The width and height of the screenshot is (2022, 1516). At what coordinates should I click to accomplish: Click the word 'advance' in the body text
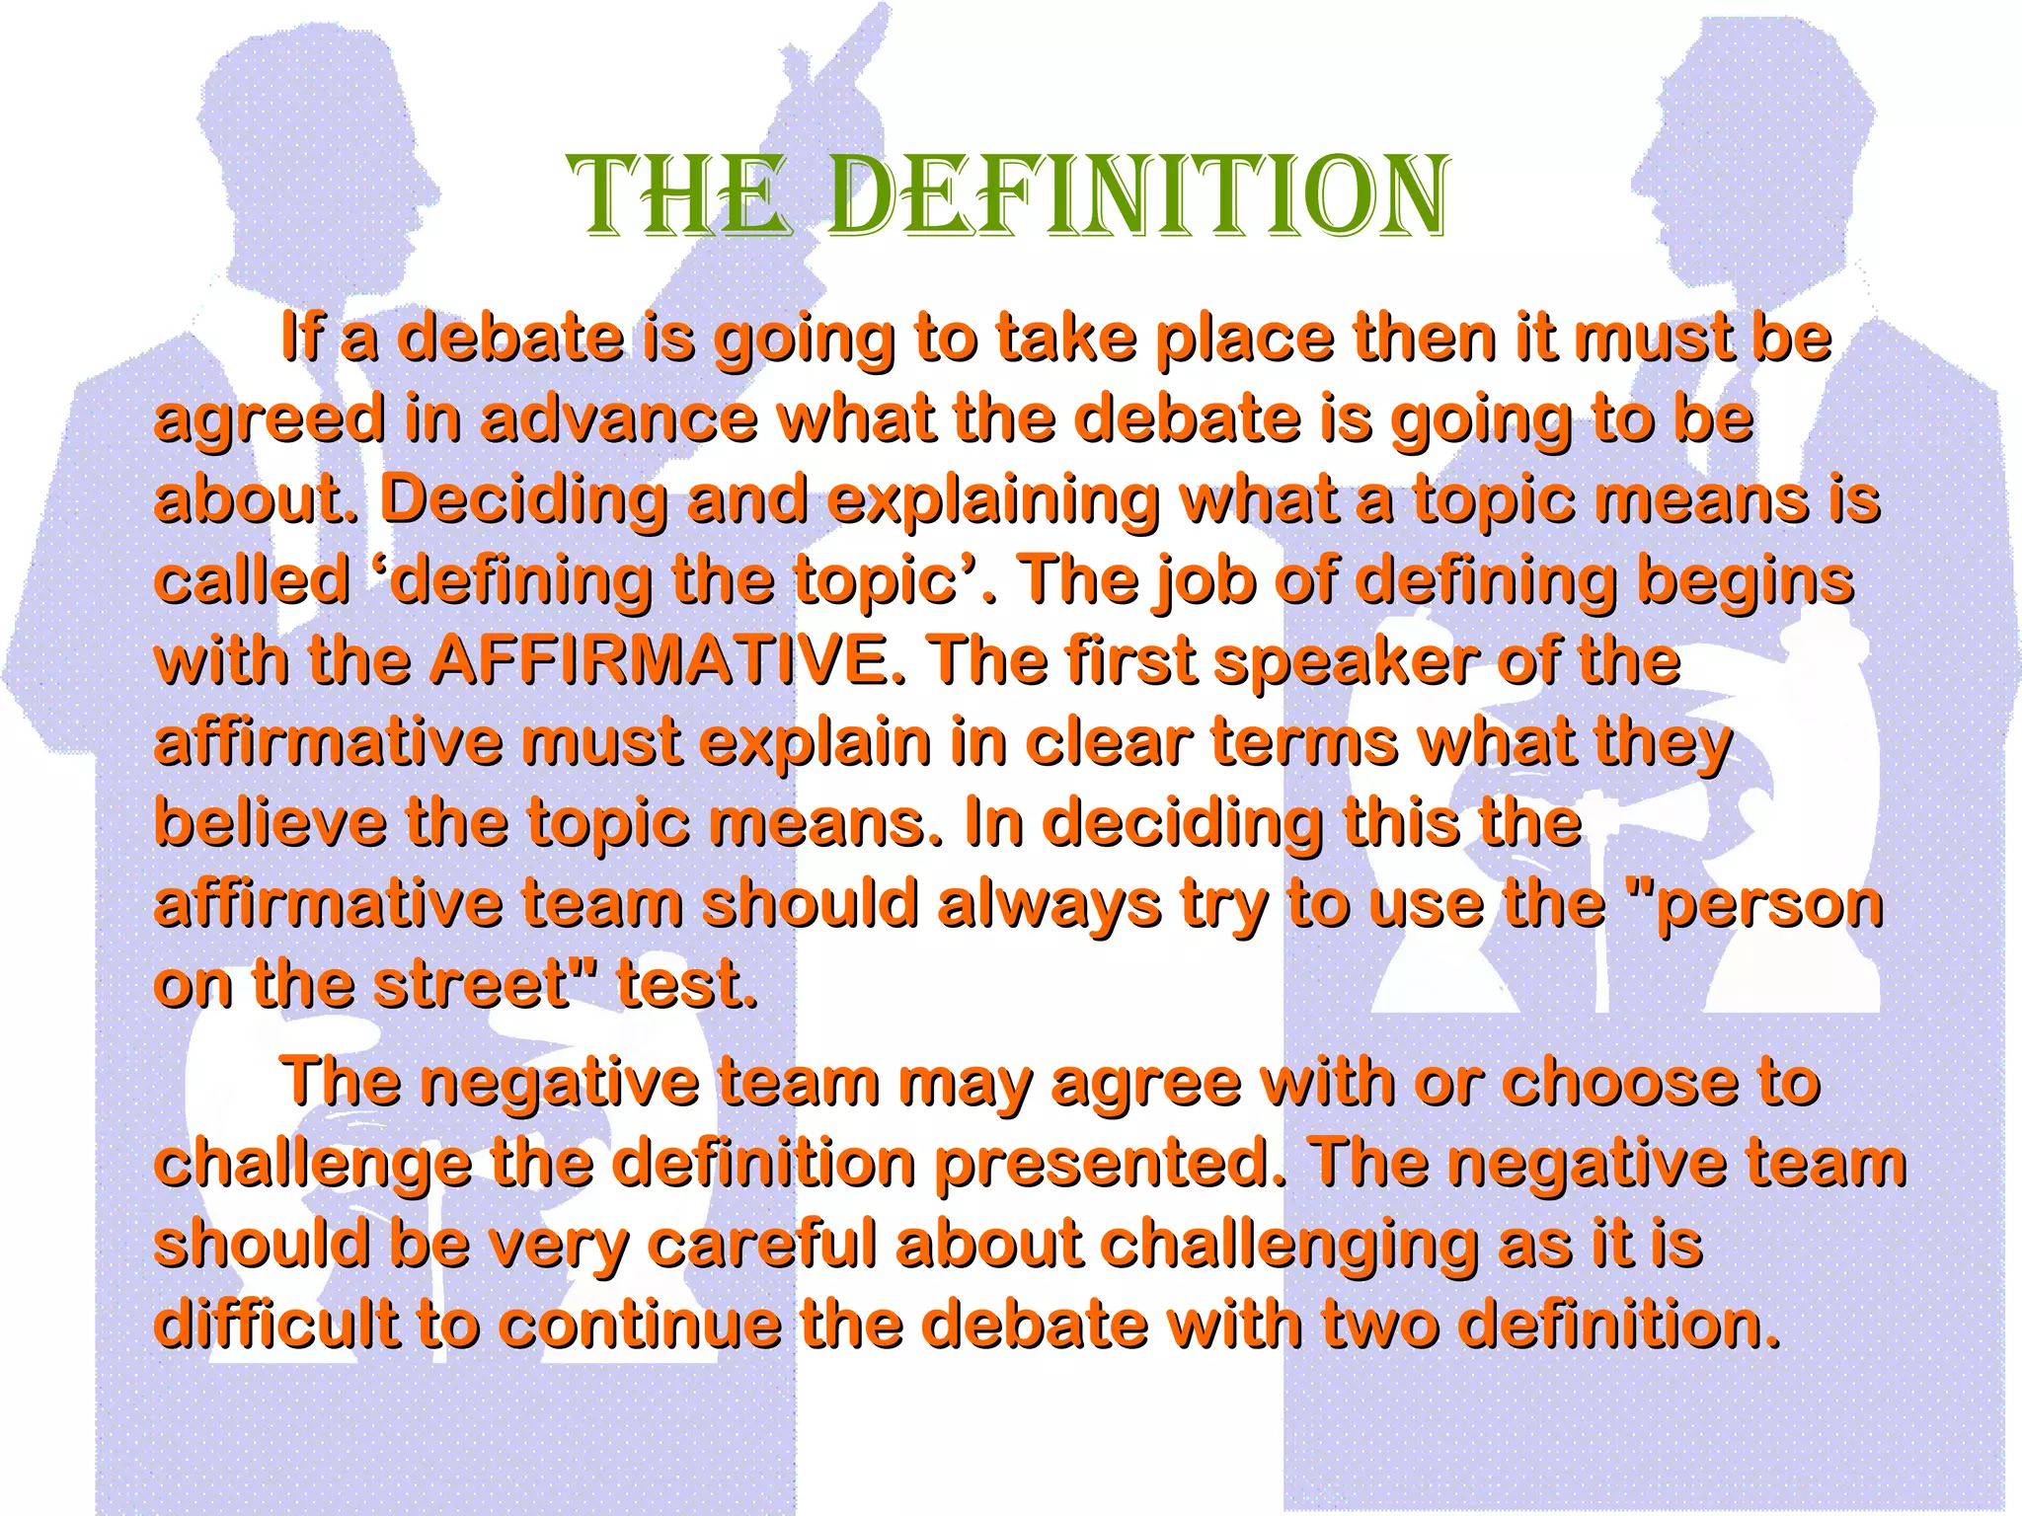coord(619,418)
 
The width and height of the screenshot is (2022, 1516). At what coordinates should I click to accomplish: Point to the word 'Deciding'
coord(522,499)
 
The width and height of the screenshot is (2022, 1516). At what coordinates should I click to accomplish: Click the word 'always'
coord(1049,904)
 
